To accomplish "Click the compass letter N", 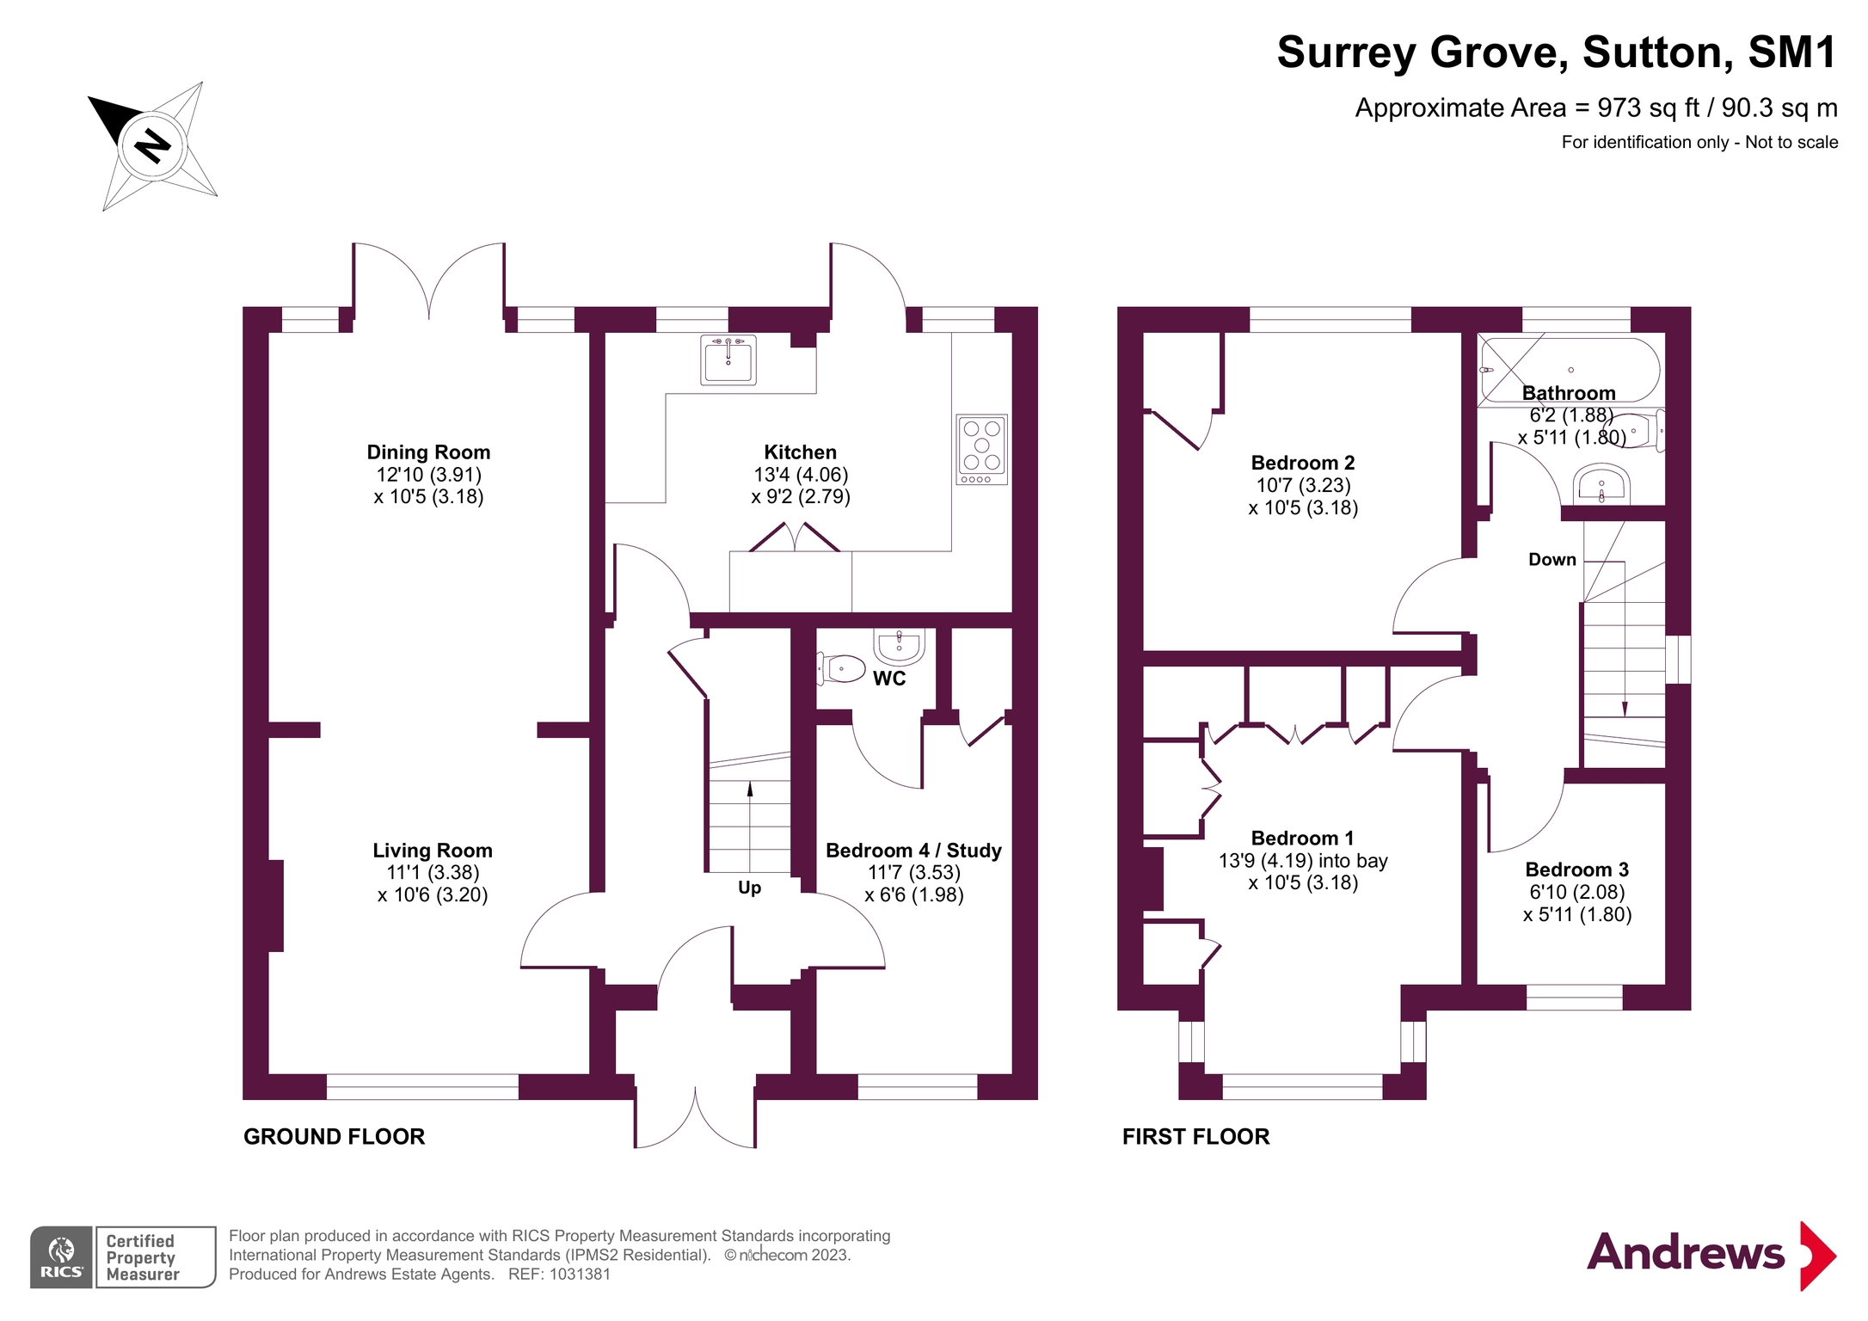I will [153, 145].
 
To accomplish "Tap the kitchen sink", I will [728, 359].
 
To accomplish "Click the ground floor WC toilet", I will [840, 668].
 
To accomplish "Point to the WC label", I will [889, 679].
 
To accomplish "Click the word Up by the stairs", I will [749, 888].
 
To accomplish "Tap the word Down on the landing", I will [1552, 560].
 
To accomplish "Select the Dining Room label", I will [428, 452].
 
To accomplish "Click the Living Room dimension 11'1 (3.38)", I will [433, 873].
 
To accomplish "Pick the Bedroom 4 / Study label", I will [913, 851].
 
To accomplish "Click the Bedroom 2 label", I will [1302, 463].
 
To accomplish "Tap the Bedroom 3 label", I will [1576, 869].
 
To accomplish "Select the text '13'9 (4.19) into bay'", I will [1302, 861].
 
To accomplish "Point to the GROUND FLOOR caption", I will [334, 1137].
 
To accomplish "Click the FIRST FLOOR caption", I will [1195, 1137].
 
